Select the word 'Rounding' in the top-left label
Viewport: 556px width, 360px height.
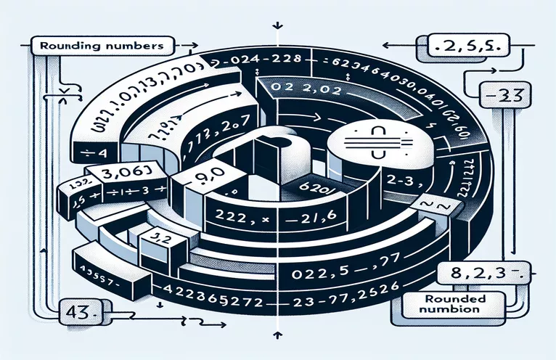(62, 44)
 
